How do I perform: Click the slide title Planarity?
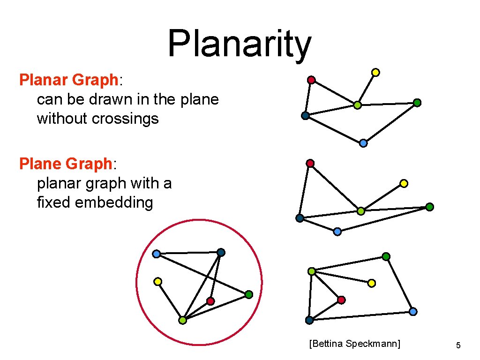click(x=239, y=44)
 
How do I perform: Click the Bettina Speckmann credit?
click(x=355, y=344)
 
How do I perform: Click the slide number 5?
click(x=458, y=345)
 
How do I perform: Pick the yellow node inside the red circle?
click(x=158, y=282)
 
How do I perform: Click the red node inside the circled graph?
click(x=210, y=300)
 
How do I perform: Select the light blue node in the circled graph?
click(x=156, y=254)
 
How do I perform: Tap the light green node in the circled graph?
click(x=182, y=321)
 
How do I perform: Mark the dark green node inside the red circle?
click(x=249, y=294)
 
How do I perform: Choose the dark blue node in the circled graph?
click(x=221, y=253)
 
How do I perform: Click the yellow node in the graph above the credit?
click(x=372, y=283)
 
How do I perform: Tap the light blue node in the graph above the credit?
click(x=413, y=311)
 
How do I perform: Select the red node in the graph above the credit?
click(x=341, y=300)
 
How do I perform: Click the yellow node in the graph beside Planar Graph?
click(x=375, y=72)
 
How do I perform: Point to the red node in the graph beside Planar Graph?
click(x=311, y=80)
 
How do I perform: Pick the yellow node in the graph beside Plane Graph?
click(x=404, y=183)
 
